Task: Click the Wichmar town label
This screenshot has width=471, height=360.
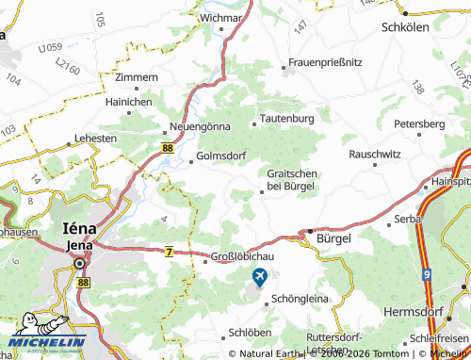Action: (x=221, y=17)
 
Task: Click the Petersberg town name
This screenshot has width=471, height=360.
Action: (x=419, y=123)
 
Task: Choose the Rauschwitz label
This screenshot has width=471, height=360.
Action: (x=374, y=153)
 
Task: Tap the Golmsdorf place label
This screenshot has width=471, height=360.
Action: (x=221, y=157)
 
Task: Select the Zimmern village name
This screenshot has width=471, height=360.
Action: (x=137, y=76)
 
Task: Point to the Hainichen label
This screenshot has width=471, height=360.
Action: (x=129, y=101)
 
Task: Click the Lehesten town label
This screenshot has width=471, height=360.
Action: (x=95, y=138)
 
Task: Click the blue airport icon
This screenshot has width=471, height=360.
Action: (x=259, y=277)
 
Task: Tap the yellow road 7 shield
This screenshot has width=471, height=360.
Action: (x=169, y=252)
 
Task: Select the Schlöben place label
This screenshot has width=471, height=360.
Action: (x=249, y=333)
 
